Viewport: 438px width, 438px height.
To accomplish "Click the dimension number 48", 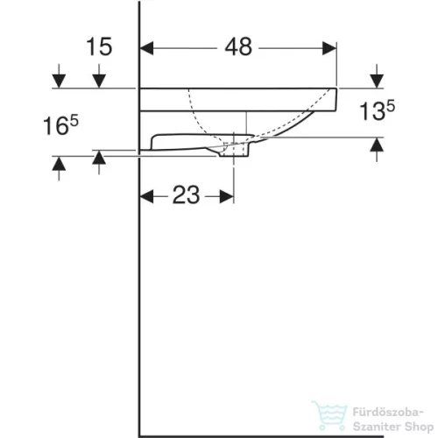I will click(238, 47).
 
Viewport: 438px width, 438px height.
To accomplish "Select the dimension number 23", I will click(186, 195).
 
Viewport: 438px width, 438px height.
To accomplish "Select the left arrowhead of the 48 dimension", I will click(147, 47).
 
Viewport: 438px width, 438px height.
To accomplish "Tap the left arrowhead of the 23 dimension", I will click(147, 195).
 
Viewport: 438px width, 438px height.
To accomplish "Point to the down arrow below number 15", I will click(99, 81).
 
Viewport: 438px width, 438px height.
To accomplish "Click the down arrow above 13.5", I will click(376, 81).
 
